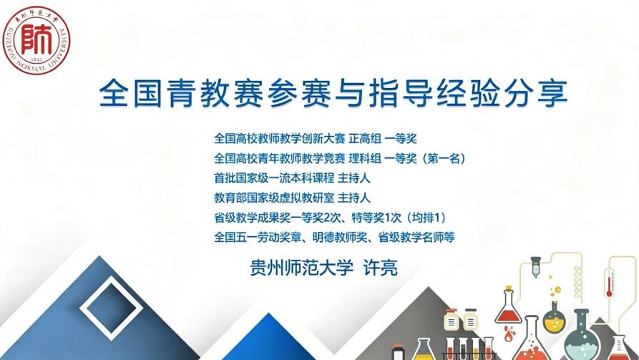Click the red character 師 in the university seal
point(36,39)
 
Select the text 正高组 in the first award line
point(365,139)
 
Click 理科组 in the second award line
point(365,158)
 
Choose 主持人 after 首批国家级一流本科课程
point(353,178)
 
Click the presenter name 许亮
point(380,268)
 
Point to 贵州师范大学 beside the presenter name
point(301,268)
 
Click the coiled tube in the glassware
point(578,283)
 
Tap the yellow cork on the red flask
point(508,288)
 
